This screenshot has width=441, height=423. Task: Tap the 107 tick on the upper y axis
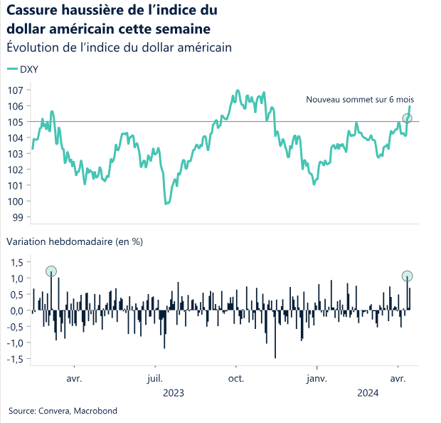tap(15, 90)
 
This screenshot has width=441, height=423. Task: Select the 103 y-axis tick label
tap(15, 154)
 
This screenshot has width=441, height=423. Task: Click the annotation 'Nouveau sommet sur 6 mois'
tap(360, 100)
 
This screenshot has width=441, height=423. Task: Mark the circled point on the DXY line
tap(407, 118)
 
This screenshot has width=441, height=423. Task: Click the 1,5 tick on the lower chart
tap(17, 262)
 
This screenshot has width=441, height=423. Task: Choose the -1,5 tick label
tap(15, 360)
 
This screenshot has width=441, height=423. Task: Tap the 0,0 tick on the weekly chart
tap(17, 311)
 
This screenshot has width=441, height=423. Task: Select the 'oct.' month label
tap(237, 379)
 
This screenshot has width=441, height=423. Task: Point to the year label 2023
tap(174, 393)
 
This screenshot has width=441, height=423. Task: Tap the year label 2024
tap(368, 393)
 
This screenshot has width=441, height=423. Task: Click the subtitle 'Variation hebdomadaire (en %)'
tap(75, 241)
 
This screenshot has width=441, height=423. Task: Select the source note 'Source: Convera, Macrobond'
tap(63, 411)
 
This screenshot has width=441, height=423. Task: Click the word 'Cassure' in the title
tap(34, 11)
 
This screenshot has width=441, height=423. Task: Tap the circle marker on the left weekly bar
tap(51, 271)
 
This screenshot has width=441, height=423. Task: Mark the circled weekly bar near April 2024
tap(407, 276)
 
